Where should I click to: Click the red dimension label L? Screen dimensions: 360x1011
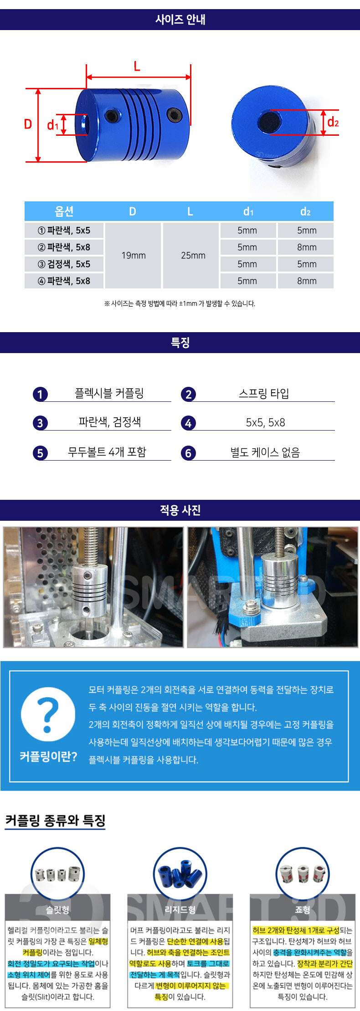(137, 67)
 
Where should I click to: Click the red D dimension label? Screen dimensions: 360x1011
(28, 124)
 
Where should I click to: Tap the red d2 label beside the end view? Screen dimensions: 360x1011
(333, 122)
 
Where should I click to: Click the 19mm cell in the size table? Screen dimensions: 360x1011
(133, 256)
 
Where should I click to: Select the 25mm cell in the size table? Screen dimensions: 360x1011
(193, 256)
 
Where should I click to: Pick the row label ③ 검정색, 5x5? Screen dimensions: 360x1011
(64, 264)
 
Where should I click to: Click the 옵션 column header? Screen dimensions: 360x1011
(64, 211)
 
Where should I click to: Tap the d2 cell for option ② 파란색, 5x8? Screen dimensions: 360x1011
(306, 247)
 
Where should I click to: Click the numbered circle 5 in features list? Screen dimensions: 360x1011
(40, 453)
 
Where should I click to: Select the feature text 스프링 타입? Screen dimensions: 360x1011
(264, 393)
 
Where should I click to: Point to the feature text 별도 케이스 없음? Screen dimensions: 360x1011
(265, 452)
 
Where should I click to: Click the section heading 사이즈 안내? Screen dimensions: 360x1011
(180, 20)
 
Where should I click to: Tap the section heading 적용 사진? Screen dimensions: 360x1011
(180, 510)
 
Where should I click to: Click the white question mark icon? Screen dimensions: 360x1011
(48, 714)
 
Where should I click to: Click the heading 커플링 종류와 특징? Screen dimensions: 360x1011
(55, 821)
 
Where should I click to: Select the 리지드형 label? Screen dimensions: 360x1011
(180, 910)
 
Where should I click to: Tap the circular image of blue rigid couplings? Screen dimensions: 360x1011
(180, 874)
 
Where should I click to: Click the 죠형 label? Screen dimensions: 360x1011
(303, 910)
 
